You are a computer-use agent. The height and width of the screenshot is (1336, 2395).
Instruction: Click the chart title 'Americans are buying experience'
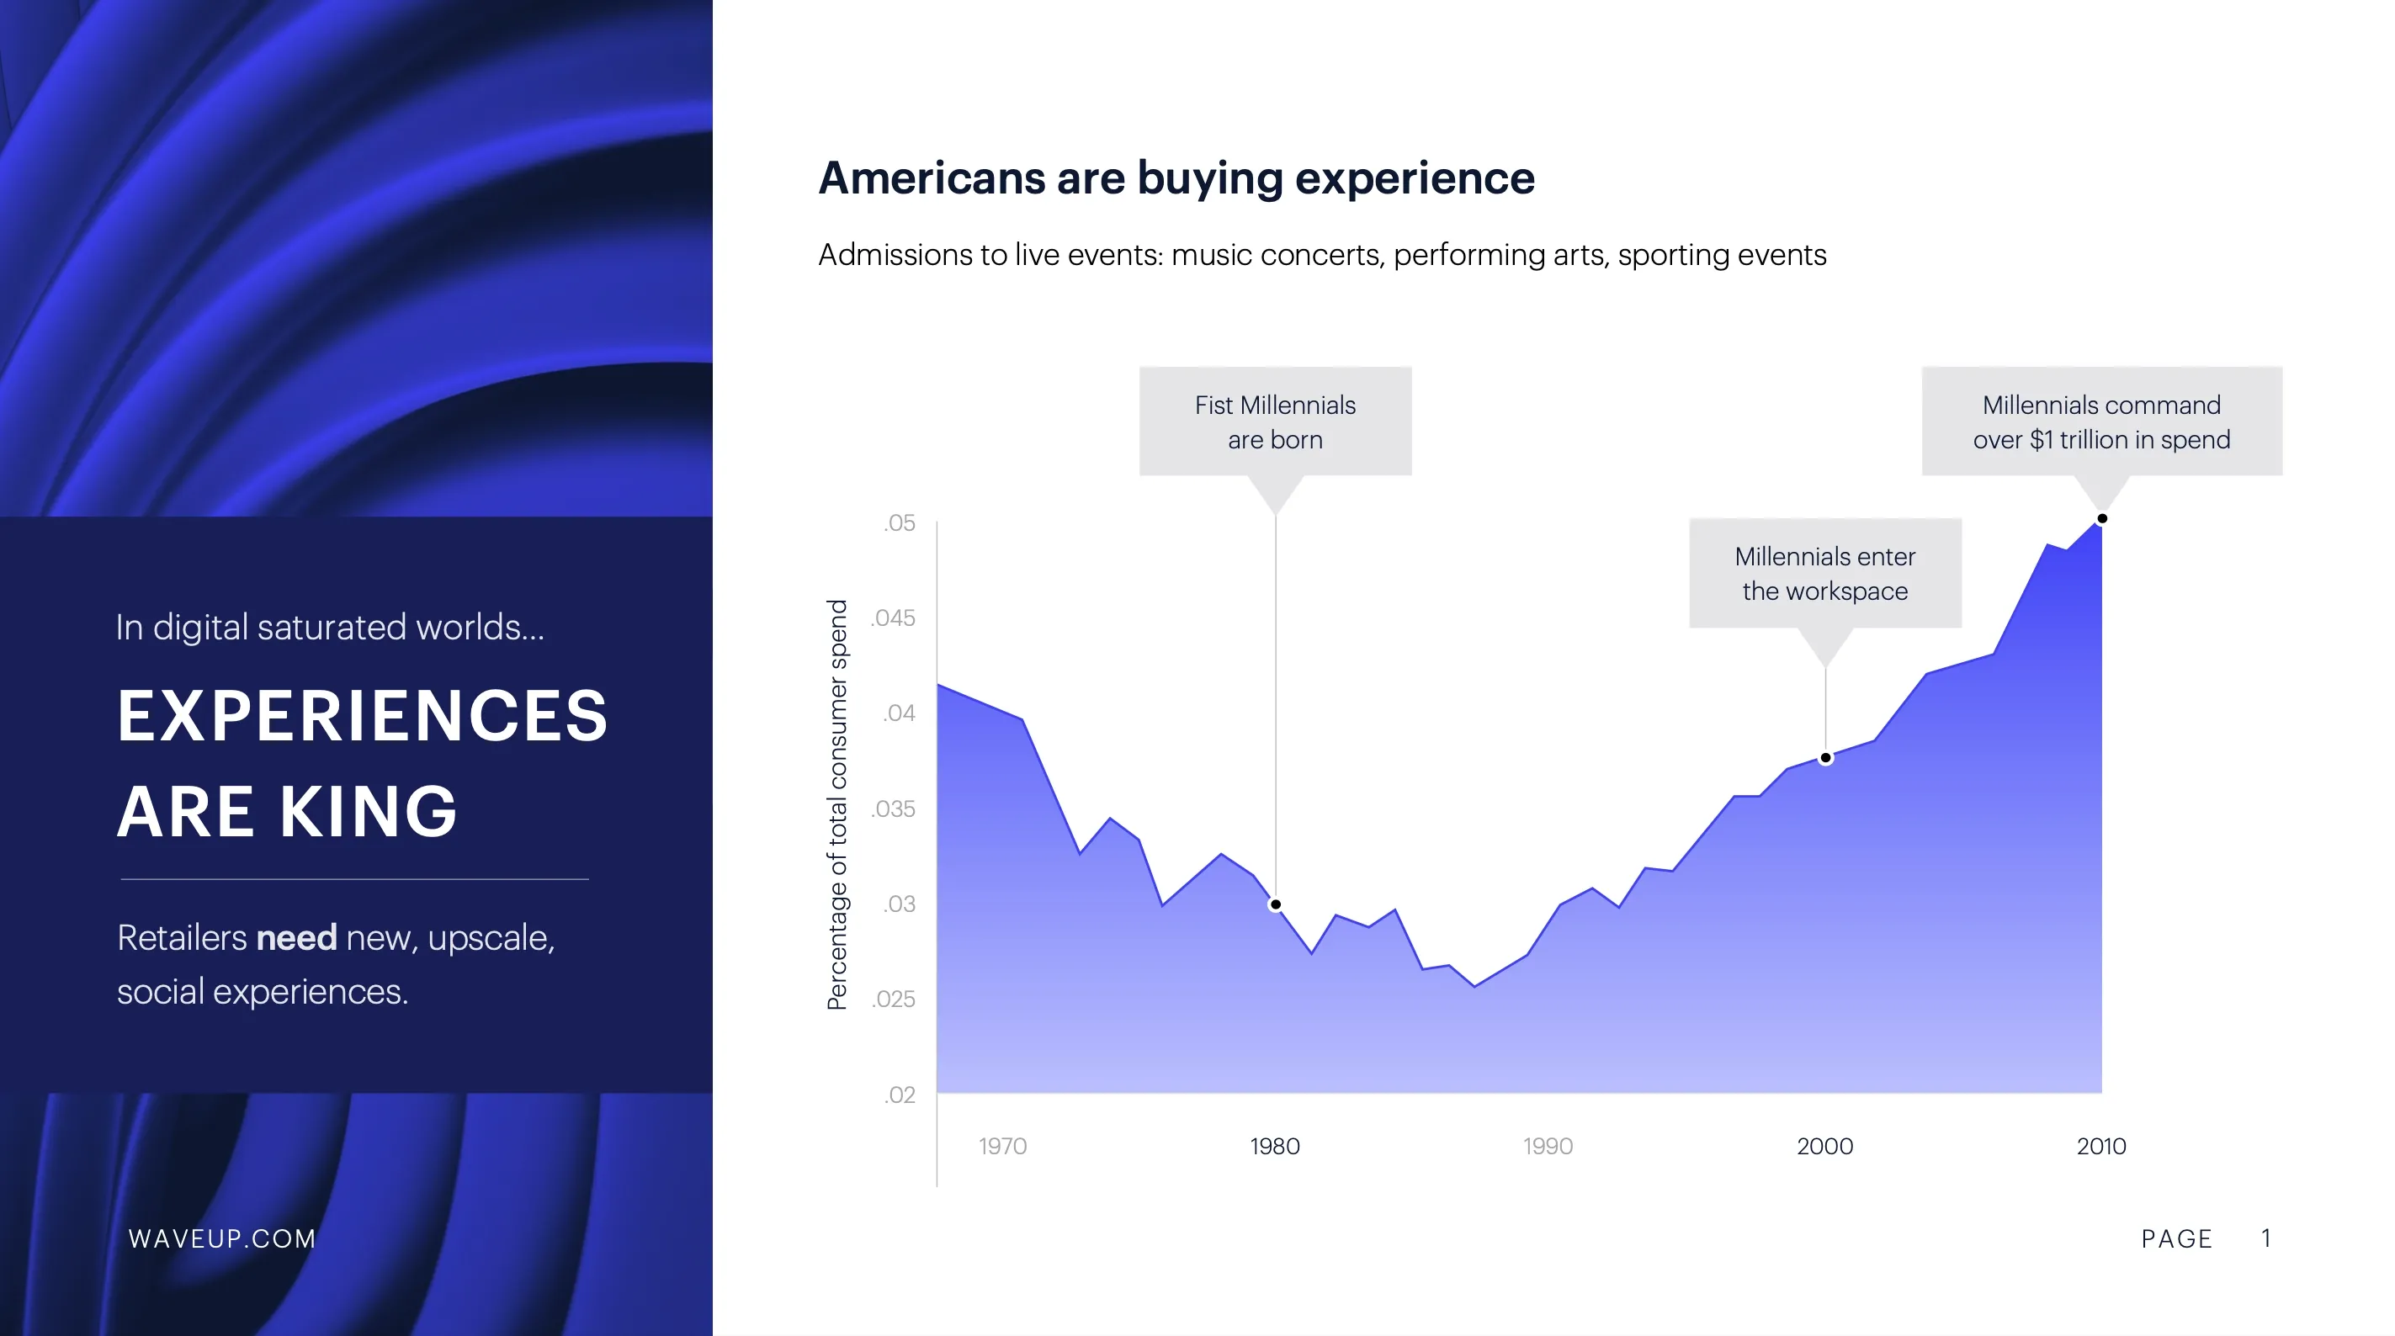click(x=1176, y=178)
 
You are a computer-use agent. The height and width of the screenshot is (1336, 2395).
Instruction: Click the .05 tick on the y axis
click(x=899, y=522)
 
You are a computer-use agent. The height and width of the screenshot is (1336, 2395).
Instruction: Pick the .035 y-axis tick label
click(x=894, y=808)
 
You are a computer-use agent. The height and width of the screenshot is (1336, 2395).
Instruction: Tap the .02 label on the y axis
click(x=899, y=1095)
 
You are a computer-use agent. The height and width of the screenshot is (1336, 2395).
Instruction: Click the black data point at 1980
click(x=1276, y=904)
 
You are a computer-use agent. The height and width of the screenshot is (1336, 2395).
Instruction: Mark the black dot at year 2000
click(x=1825, y=759)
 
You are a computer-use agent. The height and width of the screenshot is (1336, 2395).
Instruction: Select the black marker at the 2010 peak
click(x=2101, y=519)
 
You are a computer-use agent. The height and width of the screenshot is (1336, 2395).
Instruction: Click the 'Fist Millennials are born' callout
click(x=1275, y=422)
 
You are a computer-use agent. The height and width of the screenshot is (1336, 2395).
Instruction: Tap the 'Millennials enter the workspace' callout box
click(x=1824, y=574)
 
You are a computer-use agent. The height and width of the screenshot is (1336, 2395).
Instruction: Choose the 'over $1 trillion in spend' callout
click(x=2101, y=422)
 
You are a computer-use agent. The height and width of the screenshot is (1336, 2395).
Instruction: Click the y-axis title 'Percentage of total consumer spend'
click(x=837, y=804)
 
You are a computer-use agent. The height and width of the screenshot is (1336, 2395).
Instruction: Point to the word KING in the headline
click(x=369, y=812)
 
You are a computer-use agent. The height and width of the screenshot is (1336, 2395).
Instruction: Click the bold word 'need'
click(x=295, y=937)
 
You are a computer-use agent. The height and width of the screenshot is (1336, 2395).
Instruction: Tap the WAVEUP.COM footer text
click(x=222, y=1238)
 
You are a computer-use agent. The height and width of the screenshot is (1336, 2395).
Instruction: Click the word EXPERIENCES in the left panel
click(x=363, y=716)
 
